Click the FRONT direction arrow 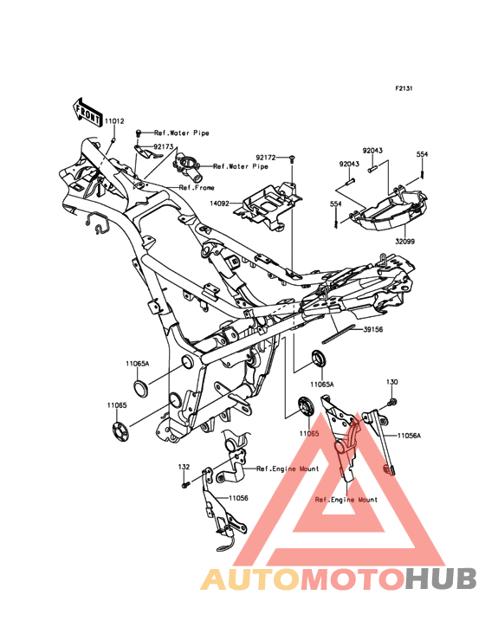(x=87, y=113)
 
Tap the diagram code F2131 (x=404, y=87)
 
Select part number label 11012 (x=114, y=121)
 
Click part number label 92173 (x=163, y=146)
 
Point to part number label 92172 (x=265, y=156)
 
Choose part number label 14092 (x=219, y=204)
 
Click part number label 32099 (x=405, y=242)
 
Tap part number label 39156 (x=373, y=329)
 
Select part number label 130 (x=392, y=382)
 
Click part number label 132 (x=184, y=467)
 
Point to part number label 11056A (x=409, y=436)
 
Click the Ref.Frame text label (x=197, y=188)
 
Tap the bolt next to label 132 (x=186, y=484)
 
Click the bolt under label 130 (x=392, y=402)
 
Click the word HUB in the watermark (x=442, y=579)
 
